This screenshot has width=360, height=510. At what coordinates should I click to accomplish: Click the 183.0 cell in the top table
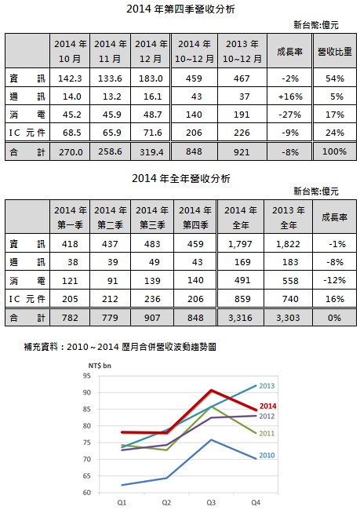(151, 78)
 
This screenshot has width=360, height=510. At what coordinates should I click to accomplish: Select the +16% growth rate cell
(290, 97)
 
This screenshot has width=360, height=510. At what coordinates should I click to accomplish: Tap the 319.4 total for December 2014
(151, 152)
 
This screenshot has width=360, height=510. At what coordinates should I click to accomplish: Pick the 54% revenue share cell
(335, 78)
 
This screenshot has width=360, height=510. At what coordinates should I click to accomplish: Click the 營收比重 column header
(335, 51)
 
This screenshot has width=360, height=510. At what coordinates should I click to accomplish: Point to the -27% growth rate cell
(290, 115)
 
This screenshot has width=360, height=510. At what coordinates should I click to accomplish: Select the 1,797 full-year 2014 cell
(240, 244)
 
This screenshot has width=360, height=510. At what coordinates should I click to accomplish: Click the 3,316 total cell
(240, 318)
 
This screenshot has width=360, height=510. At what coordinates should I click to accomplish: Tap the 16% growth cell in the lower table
(335, 299)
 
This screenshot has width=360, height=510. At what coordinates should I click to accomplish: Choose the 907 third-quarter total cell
(152, 318)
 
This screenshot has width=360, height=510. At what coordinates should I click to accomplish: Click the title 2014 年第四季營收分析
(180, 9)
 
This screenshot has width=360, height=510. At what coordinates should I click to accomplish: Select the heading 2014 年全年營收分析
(181, 178)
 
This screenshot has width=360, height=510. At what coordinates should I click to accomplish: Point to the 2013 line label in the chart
(267, 386)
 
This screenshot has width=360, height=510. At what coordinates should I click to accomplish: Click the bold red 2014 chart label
(267, 406)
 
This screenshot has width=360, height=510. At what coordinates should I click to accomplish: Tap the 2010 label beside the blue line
(267, 455)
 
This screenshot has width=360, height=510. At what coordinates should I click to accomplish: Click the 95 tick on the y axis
(87, 376)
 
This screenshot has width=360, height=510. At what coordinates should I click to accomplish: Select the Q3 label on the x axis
(211, 503)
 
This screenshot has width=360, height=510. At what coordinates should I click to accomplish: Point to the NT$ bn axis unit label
(100, 366)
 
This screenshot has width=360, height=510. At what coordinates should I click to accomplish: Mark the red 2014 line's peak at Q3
(212, 390)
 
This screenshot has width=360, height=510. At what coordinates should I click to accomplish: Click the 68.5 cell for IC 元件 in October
(70, 133)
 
